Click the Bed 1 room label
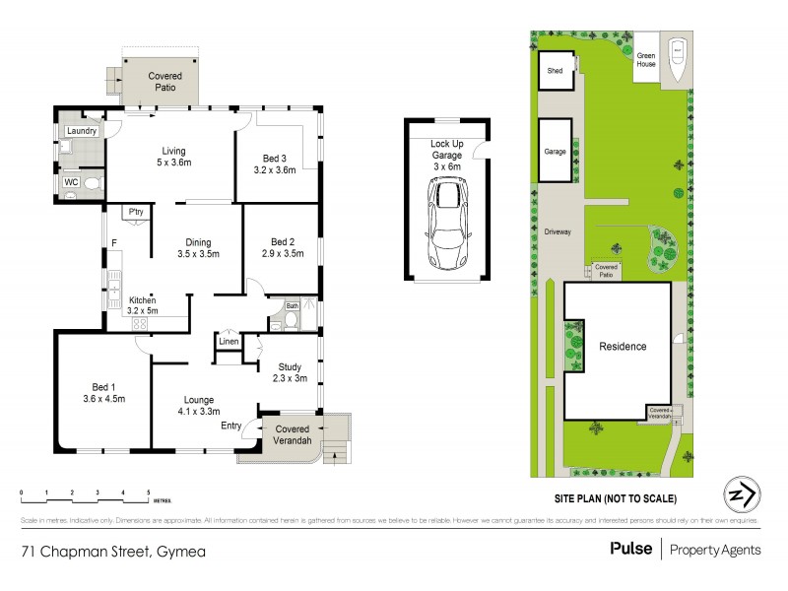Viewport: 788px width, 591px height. (x=102, y=391)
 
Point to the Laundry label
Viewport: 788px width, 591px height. (x=81, y=130)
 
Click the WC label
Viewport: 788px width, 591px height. (x=71, y=182)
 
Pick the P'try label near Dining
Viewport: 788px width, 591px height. (x=134, y=213)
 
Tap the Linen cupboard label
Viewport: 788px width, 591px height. (x=230, y=342)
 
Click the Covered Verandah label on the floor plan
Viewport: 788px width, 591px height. (x=293, y=435)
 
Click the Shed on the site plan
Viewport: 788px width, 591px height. (x=556, y=70)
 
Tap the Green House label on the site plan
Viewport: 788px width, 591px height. (x=646, y=60)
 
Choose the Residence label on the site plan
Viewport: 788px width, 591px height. (x=623, y=347)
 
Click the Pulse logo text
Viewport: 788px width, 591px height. (x=630, y=550)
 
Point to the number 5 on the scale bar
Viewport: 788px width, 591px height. (x=148, y=491)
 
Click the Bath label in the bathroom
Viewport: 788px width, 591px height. (x=292, y=306)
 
